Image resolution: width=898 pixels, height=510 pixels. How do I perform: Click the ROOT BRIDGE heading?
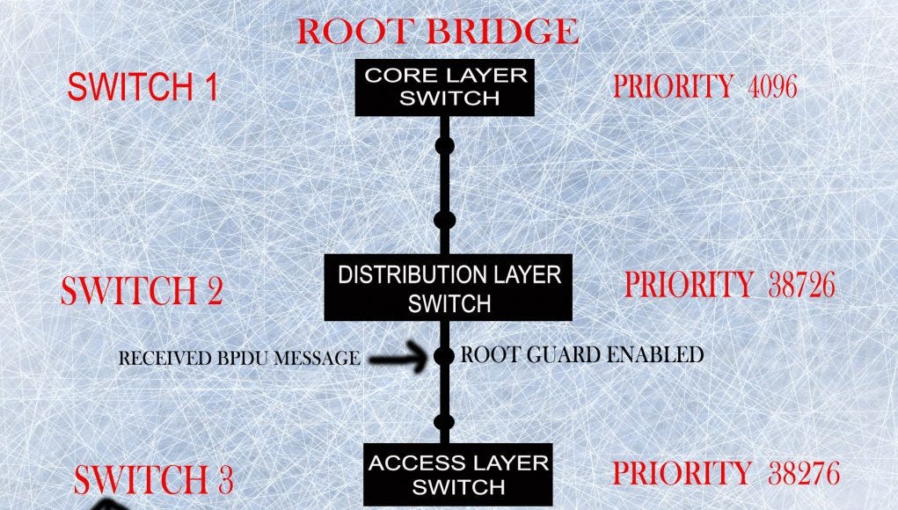(437, 31)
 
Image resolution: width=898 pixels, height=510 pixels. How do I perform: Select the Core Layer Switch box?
(445, 86)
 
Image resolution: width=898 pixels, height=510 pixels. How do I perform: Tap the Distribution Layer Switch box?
(449, 288)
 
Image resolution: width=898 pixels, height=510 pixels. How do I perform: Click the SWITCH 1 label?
(142, 87)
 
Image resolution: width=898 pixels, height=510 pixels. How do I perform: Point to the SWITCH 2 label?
(141, 291)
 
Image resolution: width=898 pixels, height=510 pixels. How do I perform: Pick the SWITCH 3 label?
(153, 479)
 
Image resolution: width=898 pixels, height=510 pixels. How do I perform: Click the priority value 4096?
(771, 86)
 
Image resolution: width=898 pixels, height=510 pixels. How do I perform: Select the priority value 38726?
(800, 285)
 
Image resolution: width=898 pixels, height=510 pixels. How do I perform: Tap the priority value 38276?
(803, 473)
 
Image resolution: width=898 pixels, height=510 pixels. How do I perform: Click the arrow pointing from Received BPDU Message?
(399, 358)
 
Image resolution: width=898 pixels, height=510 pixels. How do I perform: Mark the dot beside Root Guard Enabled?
(445, 356)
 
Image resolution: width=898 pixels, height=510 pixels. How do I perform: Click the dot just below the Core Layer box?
(445, 144)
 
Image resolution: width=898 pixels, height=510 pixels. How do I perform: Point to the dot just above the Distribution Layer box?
(445, 219)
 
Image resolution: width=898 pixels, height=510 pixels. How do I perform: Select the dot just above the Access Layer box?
(445, 423)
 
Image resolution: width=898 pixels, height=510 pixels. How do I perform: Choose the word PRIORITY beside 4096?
(673, 86)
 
